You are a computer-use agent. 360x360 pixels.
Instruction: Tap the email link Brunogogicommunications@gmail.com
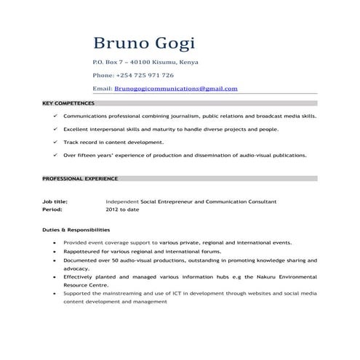[x=176, y=88]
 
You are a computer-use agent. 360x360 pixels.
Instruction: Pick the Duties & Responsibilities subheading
[x=76, y=229]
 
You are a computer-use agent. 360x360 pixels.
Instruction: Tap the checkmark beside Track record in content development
[x=55, y=142]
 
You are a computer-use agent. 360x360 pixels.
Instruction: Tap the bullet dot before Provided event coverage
[x=55, y=242]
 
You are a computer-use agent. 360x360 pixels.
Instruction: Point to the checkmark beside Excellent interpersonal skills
[x=55, y=129]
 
